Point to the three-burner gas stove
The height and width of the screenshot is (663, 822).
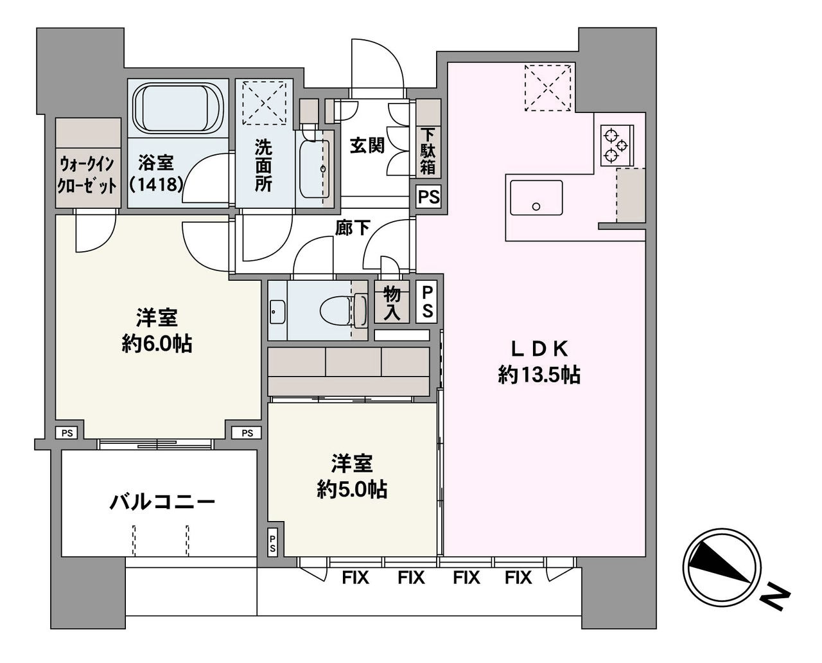pyautogui.click(x=616, y=146)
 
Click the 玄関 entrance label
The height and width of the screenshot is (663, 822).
pyautogui.click(x=367, y=146)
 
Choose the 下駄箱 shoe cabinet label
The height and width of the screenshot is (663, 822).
pyautogui.click(x=428, y=152)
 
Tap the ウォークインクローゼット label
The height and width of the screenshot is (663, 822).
pyautogui.click(x=87, y=175)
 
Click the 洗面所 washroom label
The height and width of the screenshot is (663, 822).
pyautogui.click(x=263, y=165)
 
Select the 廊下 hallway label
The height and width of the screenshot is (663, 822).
pyautogui.click(x=353, y=228)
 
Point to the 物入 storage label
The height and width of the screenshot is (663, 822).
pyautogui.click(x=392, y=304)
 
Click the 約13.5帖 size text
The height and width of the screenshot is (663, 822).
pyautogui.click(x=539, y=375)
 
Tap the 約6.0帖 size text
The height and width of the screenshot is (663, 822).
pyautogui.click(x=157, y=344)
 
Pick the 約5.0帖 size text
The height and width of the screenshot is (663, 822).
pyautogui.click(x=352, y=489)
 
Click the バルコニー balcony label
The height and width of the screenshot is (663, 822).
pyautogui.click(x=162, y=502)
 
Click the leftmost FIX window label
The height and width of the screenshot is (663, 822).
pyautogui.click(x=355, y=578)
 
